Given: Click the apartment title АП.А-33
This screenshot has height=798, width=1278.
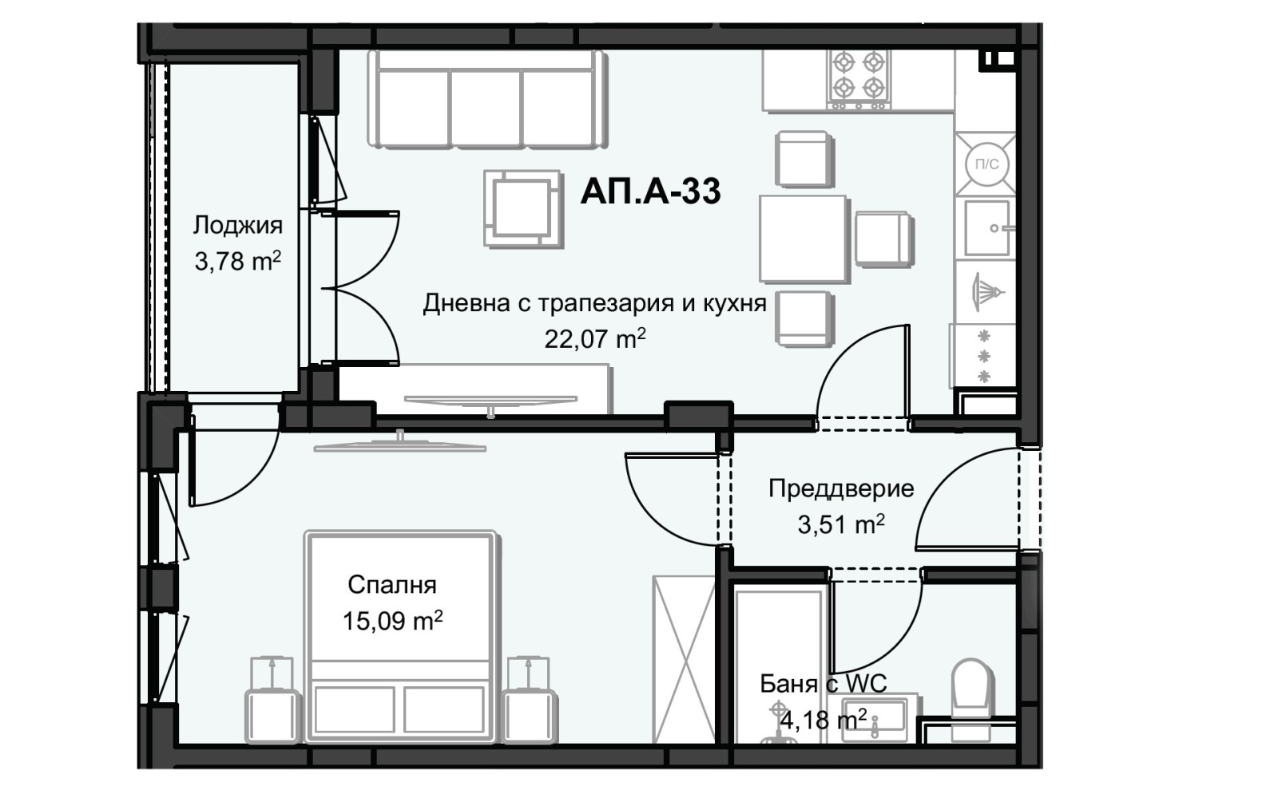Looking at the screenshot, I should pos(650,192).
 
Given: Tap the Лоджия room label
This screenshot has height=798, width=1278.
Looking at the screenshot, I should pos(237,225).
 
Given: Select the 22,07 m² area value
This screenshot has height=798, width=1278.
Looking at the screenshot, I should pos(594,339).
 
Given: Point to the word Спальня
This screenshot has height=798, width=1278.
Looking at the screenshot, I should pos(391,585).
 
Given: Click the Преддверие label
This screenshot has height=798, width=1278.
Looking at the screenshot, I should pos(840,488).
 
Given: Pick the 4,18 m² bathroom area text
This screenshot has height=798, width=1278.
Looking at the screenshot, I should pos(823,721).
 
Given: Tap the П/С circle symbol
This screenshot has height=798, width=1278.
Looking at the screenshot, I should pos(986,164).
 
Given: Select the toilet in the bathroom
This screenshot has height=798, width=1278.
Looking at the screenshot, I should pos(971,684).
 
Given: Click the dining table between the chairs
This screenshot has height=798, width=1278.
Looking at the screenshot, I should pos(803,239).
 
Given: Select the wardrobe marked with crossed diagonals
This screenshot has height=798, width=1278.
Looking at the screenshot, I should pos(684,659).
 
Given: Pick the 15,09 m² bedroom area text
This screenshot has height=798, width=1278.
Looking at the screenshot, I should pos(392,621).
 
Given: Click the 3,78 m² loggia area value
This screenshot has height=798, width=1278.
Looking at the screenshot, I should pos(237,261).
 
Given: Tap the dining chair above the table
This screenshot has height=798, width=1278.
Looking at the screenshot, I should pos(804,159).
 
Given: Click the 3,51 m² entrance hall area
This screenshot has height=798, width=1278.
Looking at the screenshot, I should pos(840,525).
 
